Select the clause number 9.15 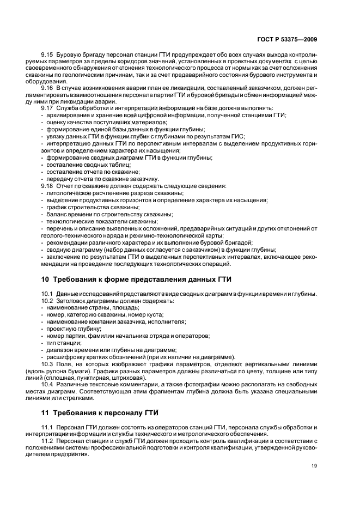point(47,56)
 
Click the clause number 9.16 point(47,87)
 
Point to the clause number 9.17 point(47,108)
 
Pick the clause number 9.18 point(47,186)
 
